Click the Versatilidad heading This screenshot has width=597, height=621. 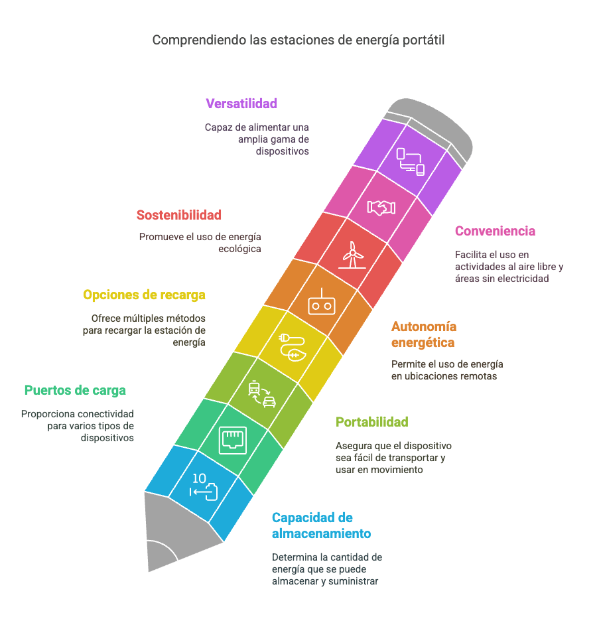[x=241, y=103]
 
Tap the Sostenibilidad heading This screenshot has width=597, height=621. [x=179, y=215]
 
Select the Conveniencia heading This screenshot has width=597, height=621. [x=495, y=231]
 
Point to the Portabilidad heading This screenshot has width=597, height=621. [x=371, y=422]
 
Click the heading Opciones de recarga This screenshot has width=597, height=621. [x=144, y=295]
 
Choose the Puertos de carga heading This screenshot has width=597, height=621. [x=75, y=391]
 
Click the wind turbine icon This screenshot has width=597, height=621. [x=352, y=255]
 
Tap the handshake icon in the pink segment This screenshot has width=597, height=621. [x=381, y=208]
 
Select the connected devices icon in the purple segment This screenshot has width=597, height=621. [x=411, y=162]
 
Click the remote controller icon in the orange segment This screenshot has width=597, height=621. [x=322, y=302]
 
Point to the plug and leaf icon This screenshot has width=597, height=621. [x=293, y=348]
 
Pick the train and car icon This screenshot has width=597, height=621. [x=262, y=394]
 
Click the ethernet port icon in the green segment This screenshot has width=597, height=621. [x=233, y=441]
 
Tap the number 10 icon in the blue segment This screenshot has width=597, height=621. [x=203, y=487]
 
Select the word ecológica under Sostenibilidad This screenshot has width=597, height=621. [x=239, y=249]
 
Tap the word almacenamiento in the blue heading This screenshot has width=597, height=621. [x=322, y=534]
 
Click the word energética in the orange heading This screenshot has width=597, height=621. [x=423, y=343]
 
